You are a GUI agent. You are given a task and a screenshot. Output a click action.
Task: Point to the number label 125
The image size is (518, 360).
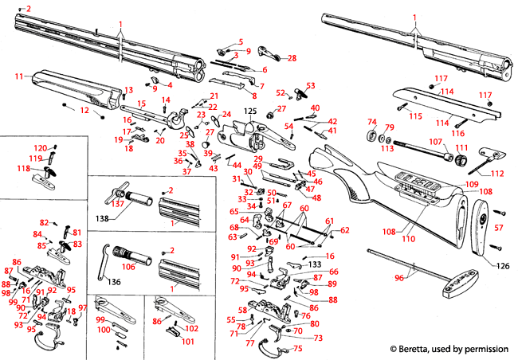click(x=249, y=112)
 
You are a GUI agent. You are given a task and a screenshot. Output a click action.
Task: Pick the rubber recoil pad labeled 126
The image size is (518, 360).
click(x=481, y=232)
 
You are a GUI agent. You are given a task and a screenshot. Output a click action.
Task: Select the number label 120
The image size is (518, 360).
click(x=41, y=148)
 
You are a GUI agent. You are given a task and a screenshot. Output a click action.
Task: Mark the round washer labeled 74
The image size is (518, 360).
click(x=372, y=139)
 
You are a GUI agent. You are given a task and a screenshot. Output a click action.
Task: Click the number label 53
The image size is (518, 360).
click(x=311, y=85)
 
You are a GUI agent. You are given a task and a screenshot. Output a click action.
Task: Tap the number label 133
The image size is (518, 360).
click(x=315, y=264)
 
